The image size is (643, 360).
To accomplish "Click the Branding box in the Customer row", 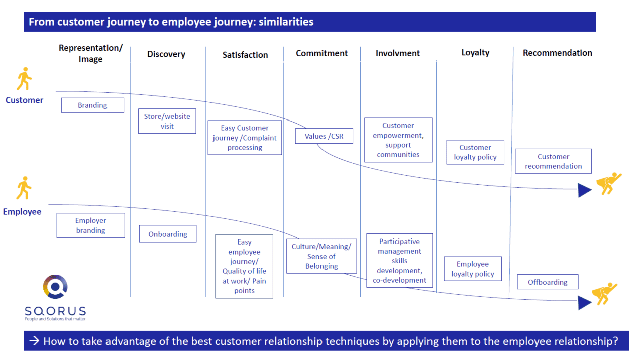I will coord(92,105).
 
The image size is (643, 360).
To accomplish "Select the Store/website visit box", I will coord(167,121).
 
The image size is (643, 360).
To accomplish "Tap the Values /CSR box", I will coord(324,136).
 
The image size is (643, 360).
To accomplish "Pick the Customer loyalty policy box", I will coord(475,152).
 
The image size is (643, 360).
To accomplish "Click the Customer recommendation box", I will coord(553,161).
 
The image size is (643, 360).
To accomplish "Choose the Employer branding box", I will coord(90,225).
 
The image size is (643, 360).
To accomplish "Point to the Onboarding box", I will coord(168,234).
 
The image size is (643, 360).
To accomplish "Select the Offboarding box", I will coord(548,282).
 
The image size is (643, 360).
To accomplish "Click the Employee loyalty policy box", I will coord(473,269).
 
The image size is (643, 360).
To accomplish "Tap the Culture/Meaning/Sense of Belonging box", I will coord(321,256).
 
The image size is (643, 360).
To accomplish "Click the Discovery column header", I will coord(166,54).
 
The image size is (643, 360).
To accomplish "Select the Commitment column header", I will coord(321,53).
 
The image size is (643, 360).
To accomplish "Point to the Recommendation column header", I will coord(557,53).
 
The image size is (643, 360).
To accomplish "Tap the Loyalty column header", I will coord(475,52).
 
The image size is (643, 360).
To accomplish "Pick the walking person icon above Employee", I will coord(24,188).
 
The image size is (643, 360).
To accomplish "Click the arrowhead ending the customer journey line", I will coord(584,190).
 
